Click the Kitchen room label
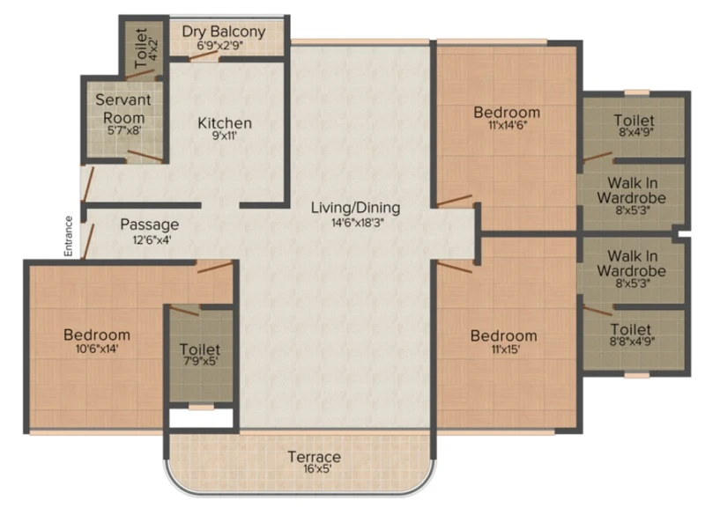pyautogui.click(x=225, y=122)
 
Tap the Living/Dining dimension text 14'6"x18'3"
pyautogui.click(x=358, y=222)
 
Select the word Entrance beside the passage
pyautogui.click(x=69, y=236)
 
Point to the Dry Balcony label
pyautogui.click(x=224, y=32)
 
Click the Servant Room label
pyautogui.click(x=123, y=108)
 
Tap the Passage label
pyautogui.click(x=150, y=224)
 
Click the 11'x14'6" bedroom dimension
pyautogui.click(x=508, y=125)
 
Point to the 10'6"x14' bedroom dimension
pyautogui.click(x=97, y=349)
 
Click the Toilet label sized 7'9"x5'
pyautogui.click(x=200, y=349)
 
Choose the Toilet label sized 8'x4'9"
pyautogui.click(x=634, y=120)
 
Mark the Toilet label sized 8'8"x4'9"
pyautogui.click(x=631, y=329)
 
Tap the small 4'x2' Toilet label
pyautogui.click(x=141, y=48)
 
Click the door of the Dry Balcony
pyautogui.click(x=204, y=55)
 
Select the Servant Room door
pyautogui.click(x=145, y=156)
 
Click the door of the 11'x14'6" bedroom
pyautogui.click(x=455, y=200)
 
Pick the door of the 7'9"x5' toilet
pyautogui.click(x=185, y=310)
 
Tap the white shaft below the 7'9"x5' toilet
pyautogui.click(x=201, y=418)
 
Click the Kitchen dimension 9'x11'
pyautogui.click(x=225, y=136)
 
